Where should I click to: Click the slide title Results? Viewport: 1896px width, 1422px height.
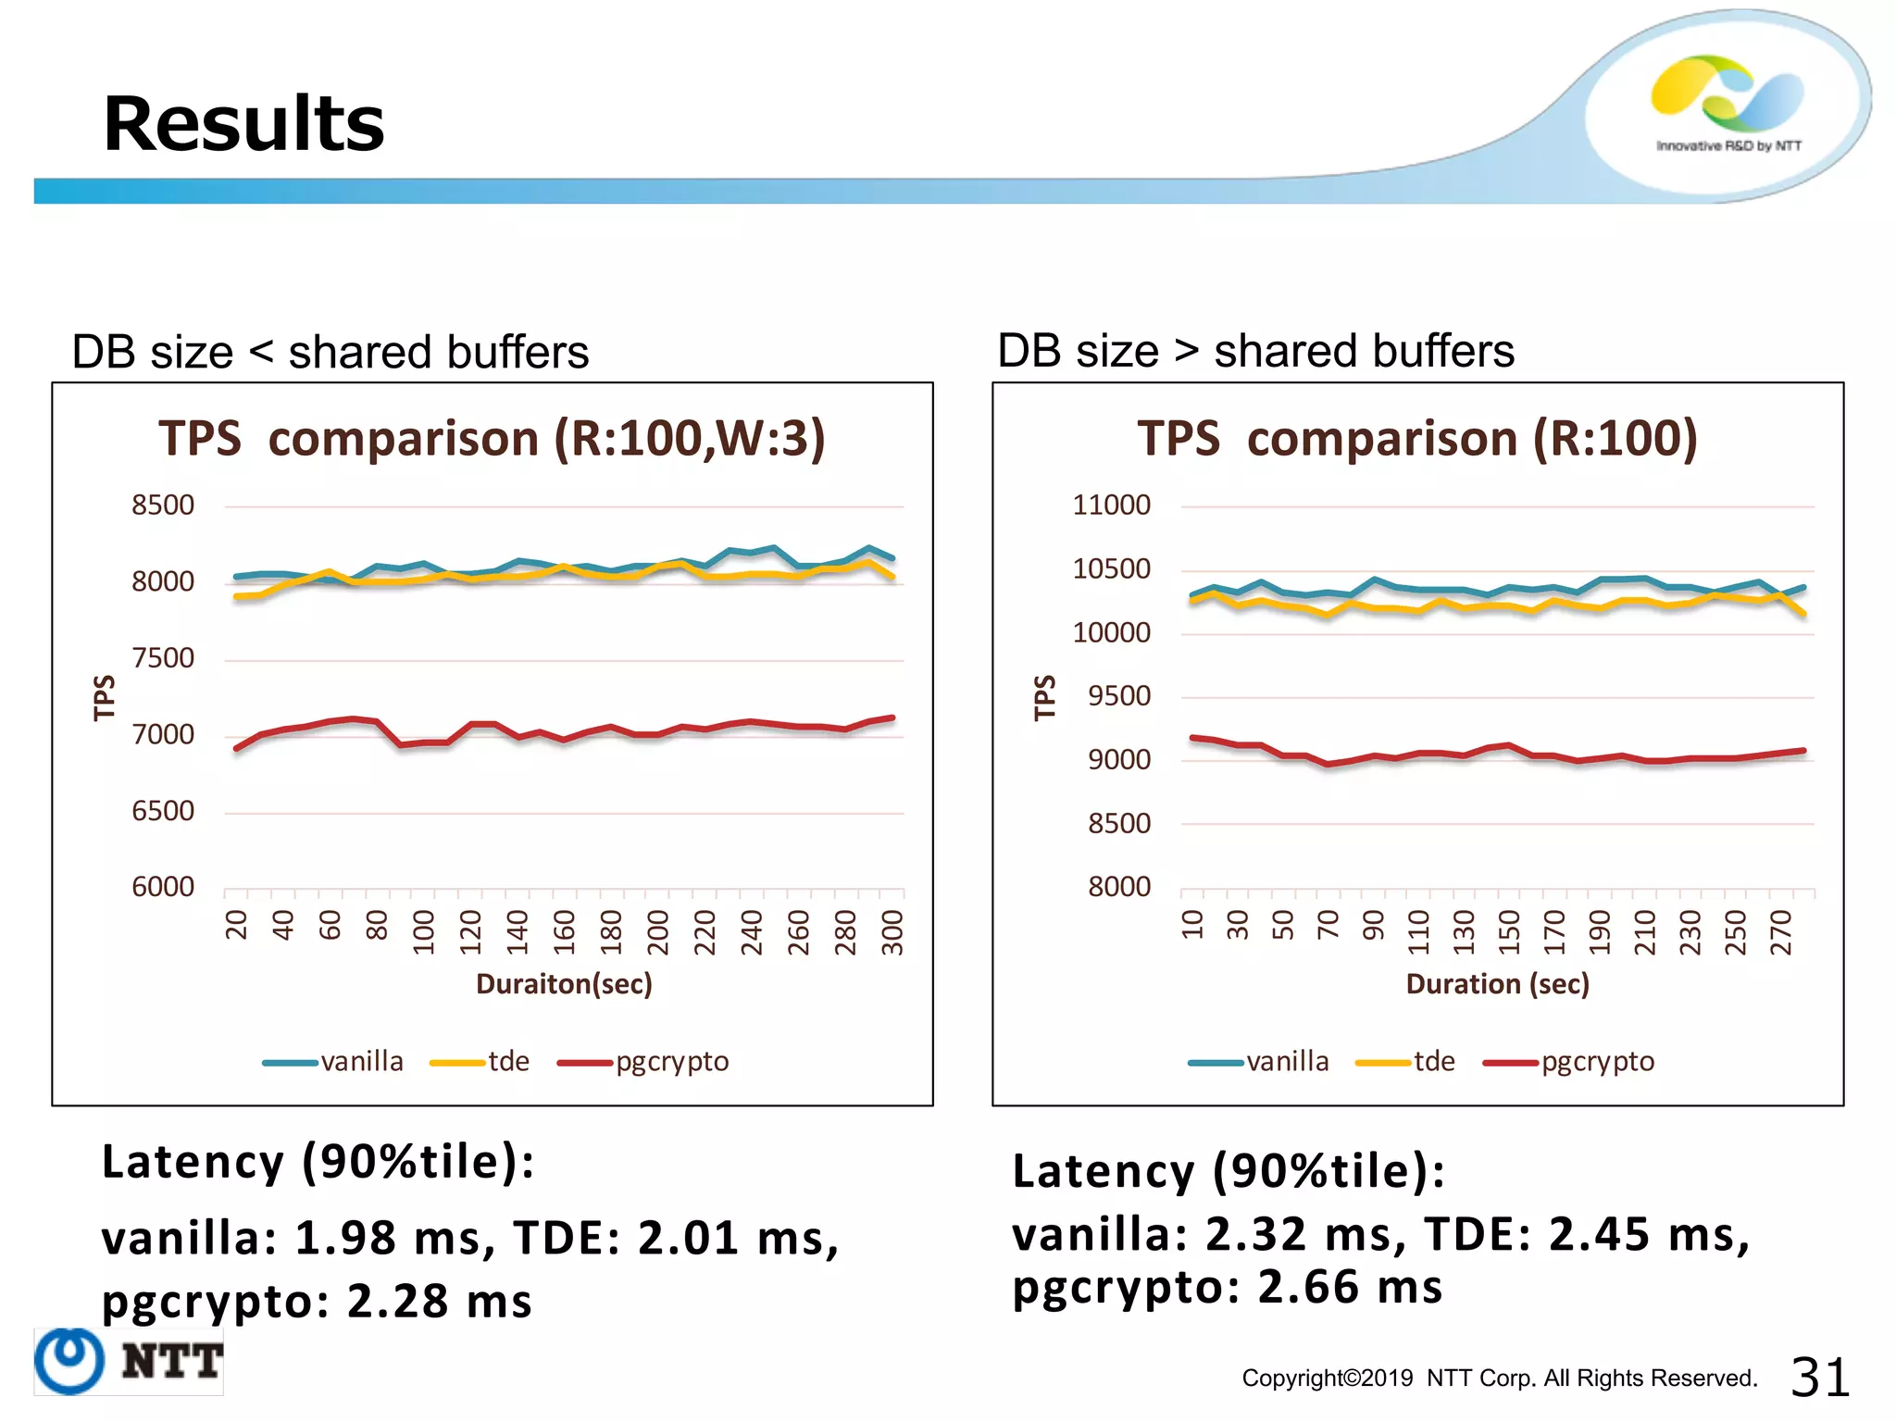[243, 124]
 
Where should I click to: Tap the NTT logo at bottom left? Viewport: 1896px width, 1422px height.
[130, 1361]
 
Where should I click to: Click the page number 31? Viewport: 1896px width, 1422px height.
[1819, 1377]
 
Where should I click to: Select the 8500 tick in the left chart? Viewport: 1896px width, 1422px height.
[163, 505]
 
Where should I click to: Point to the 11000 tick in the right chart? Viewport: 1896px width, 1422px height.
[1111, 505]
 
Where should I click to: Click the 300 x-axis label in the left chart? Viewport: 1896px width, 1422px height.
[892, 932]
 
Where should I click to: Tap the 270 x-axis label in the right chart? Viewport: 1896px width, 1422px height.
[1781, 932]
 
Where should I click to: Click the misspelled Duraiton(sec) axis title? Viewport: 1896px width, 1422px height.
[564, 983]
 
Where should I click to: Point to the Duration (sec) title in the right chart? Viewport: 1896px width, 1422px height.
[1497, 983]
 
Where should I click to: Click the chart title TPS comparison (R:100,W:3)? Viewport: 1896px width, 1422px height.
[492, 438]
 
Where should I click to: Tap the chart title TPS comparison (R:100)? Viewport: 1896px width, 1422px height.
[1417, 438]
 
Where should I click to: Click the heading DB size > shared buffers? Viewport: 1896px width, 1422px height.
[1255, 352]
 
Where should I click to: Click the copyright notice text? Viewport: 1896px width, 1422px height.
[1499, 1378]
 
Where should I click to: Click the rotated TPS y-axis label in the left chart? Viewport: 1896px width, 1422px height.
[105, 697]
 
